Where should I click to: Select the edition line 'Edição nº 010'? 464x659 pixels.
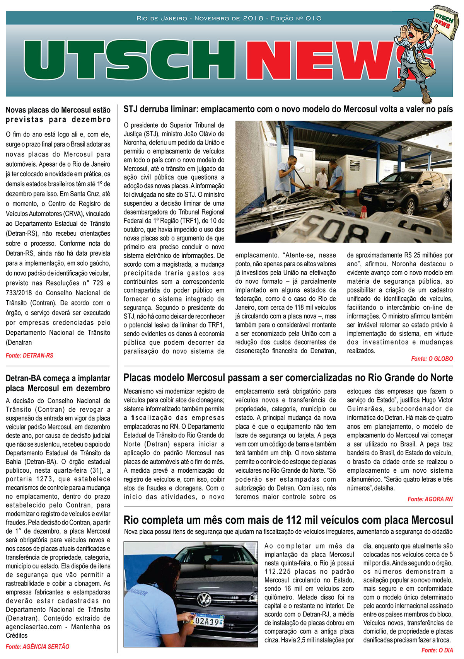296,18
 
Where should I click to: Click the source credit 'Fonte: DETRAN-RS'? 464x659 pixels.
29,355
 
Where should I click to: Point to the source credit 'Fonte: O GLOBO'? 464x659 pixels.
432,359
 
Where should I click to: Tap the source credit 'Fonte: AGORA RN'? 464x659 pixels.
430,499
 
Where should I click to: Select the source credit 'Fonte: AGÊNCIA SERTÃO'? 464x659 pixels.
38,646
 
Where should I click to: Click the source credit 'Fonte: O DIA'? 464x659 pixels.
437,650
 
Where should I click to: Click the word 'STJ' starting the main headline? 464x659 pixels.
131,109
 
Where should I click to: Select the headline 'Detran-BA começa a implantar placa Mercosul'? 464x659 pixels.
58,383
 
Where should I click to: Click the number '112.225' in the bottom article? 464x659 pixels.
278,571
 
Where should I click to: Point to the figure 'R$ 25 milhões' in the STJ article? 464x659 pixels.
421,255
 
